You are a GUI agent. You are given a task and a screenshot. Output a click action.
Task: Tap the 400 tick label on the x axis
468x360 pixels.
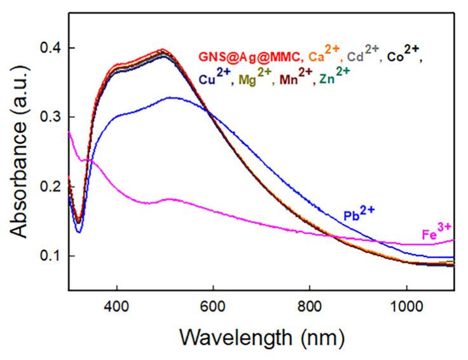point(116,303)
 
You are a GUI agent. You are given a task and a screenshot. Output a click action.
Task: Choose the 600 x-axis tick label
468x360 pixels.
point(213,303)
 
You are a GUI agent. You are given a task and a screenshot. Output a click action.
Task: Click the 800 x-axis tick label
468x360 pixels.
point(310,303)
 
